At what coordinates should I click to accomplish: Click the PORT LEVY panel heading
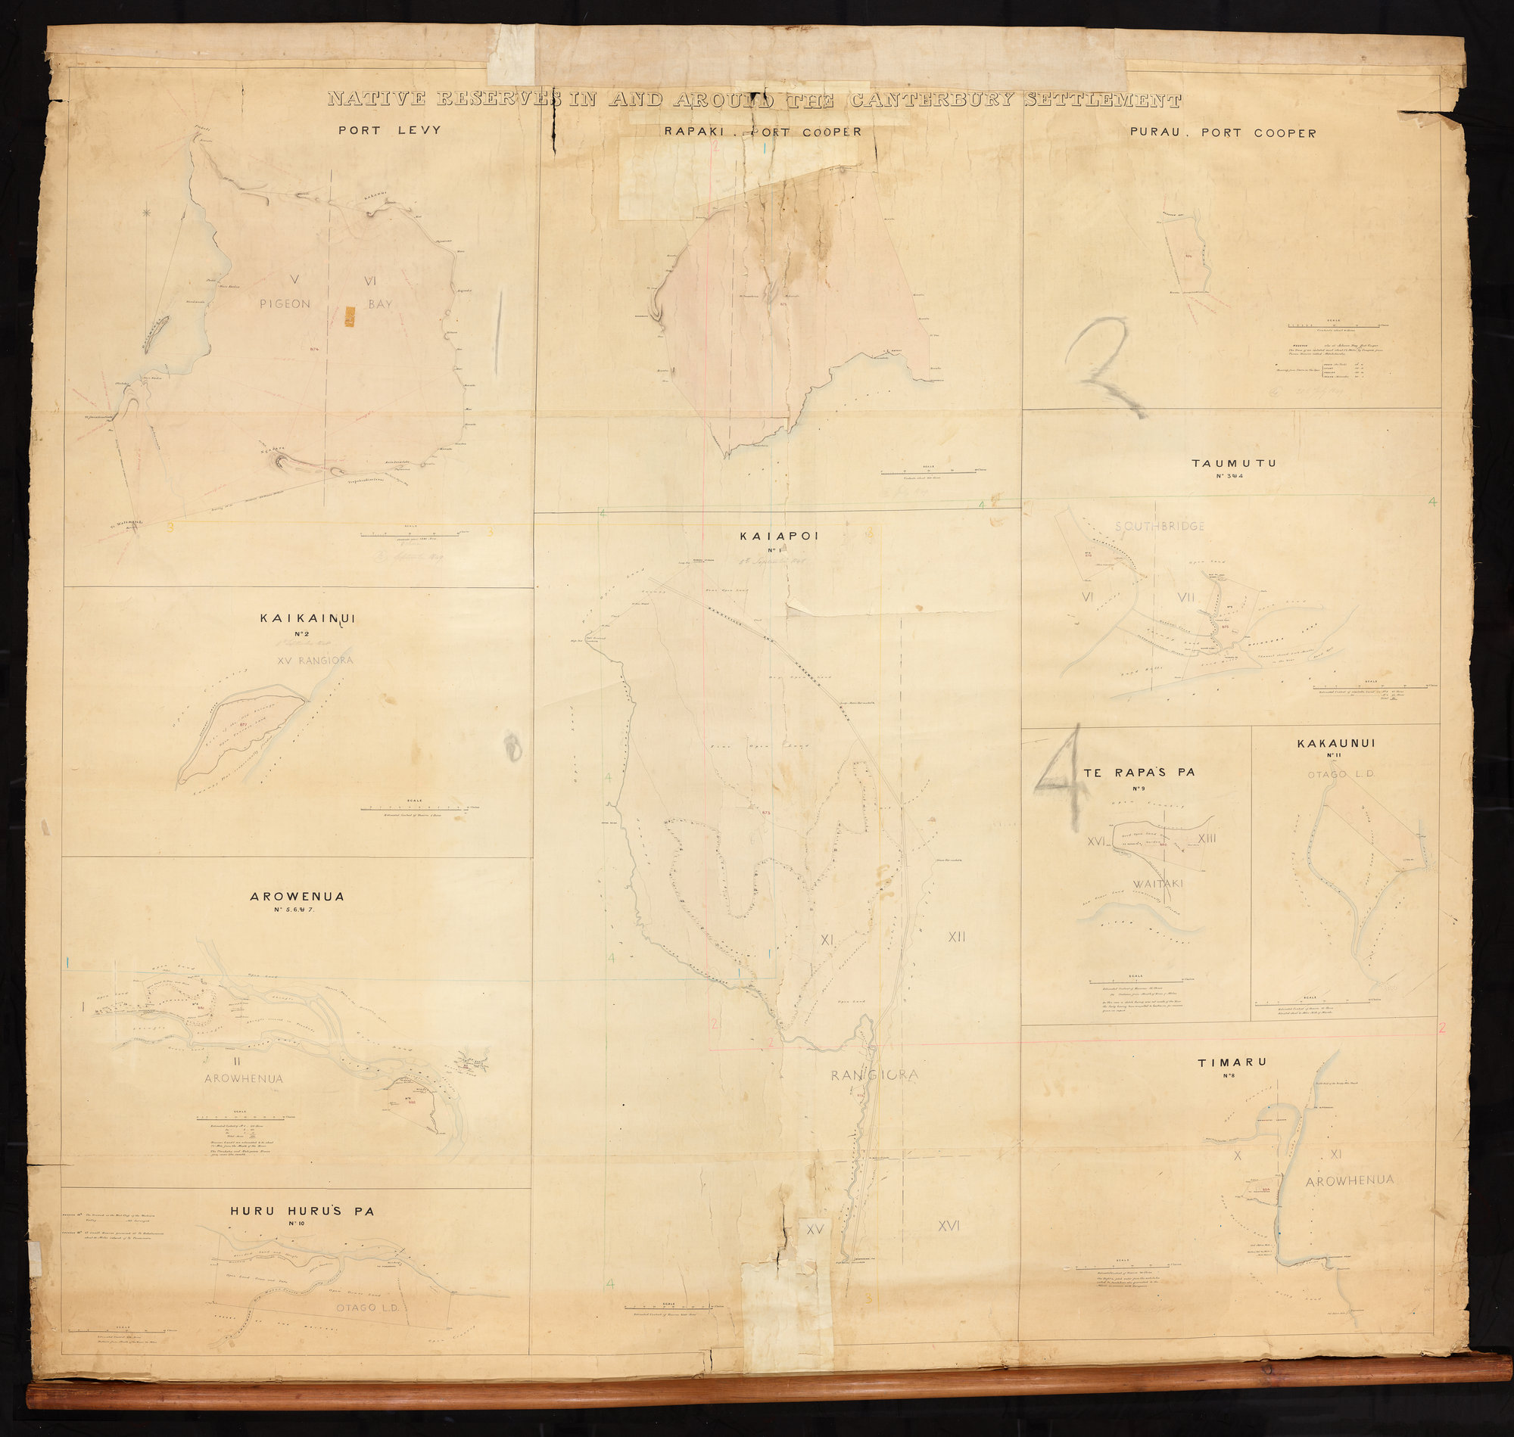tap(390, 130)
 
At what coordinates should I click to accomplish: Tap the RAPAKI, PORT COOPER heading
tap(762, 132)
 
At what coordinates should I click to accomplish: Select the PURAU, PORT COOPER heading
tap(1223, 133)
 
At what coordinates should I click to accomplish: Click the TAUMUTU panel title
tap(1234, 463)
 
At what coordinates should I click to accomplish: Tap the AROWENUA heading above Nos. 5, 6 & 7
tap(298, 896)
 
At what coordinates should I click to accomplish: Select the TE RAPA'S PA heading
tap(1139, 773)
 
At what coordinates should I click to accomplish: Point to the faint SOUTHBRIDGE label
tap(1160, 526)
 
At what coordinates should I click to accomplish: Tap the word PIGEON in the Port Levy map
tap(285, 304)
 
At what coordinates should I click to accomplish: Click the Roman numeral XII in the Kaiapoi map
tap(956, 937)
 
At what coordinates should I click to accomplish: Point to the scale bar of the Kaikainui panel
tap(414, 808)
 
